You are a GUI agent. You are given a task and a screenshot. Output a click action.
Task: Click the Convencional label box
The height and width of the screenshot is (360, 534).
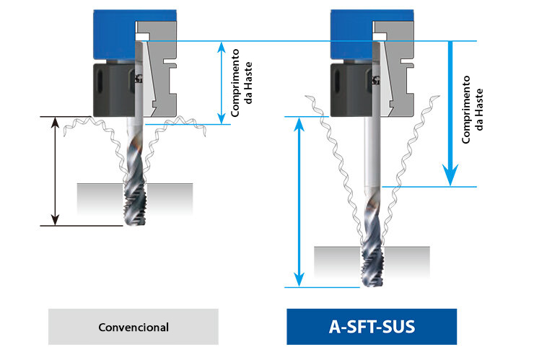tap(133, 327)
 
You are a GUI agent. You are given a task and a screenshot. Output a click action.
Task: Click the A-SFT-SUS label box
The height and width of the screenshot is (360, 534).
tap(372, 327)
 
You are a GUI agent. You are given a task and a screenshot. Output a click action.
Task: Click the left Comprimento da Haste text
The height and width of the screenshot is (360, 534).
tap(241, 84)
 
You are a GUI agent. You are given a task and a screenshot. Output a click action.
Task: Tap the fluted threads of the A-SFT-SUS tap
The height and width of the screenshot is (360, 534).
tap(371, 245)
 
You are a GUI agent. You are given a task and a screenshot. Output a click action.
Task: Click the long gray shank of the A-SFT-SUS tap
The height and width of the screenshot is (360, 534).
tap(369, 155)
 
